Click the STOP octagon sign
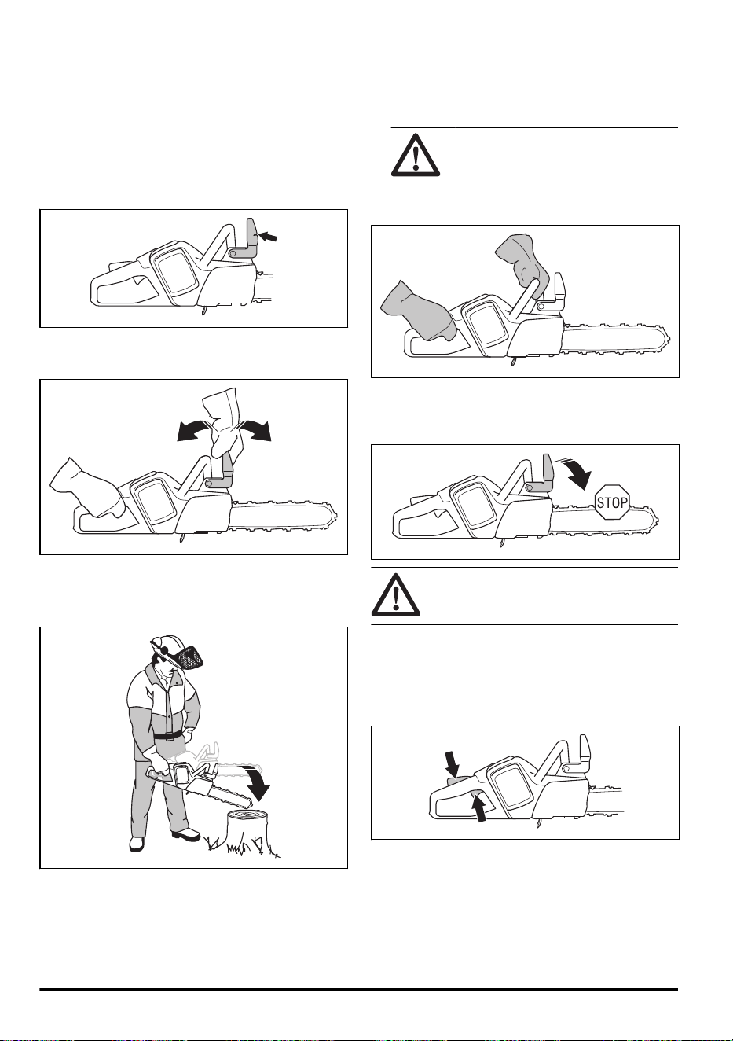click(x=612, y=502)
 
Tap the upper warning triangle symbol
click(x=416, y=155)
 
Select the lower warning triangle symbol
click(x=396, y=595)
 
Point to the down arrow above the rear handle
click(x=452, y=764)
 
